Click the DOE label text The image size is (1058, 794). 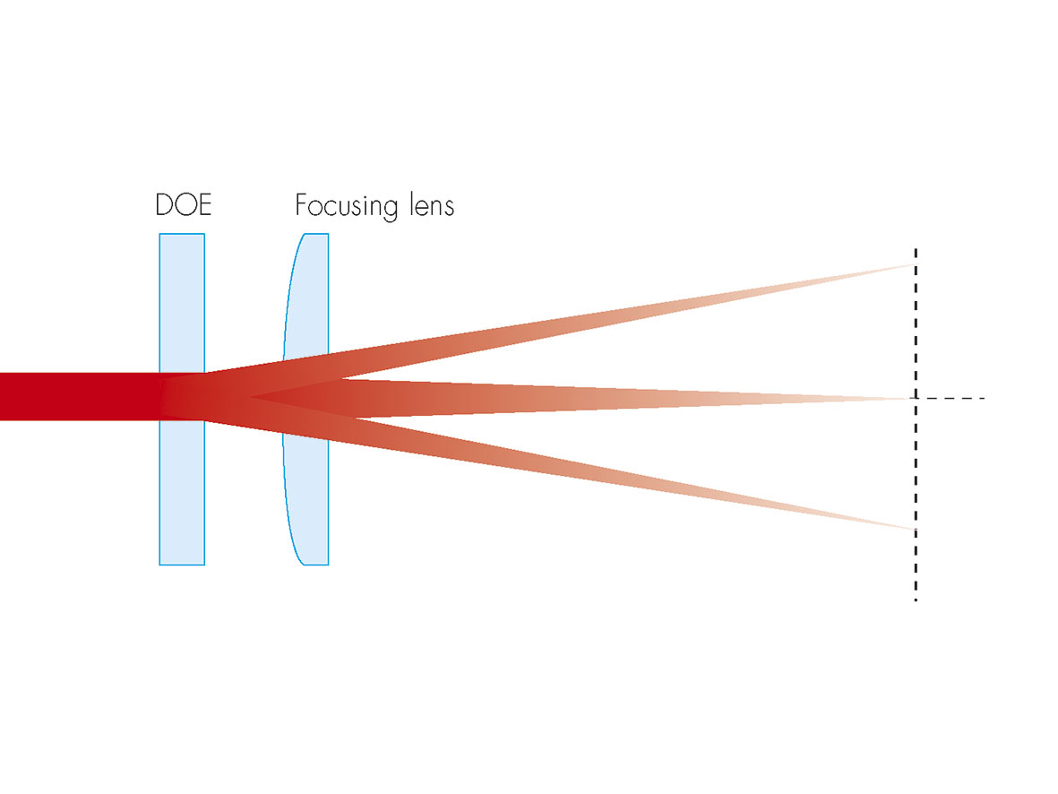point(183,205)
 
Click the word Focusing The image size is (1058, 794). point(346,207)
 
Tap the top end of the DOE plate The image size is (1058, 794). point(182,236)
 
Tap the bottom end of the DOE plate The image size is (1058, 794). point(182,563)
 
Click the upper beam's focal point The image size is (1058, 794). point(912,264)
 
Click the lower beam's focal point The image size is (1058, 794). point(913,530)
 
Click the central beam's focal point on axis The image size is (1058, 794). point(913,397)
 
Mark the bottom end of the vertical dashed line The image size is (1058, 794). point(915,599)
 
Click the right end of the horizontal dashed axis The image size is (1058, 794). point(984,397)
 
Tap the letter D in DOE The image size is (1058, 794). point(165,205)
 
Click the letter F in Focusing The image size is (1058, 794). point(302,205)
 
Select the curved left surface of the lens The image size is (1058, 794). point(286,399)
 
